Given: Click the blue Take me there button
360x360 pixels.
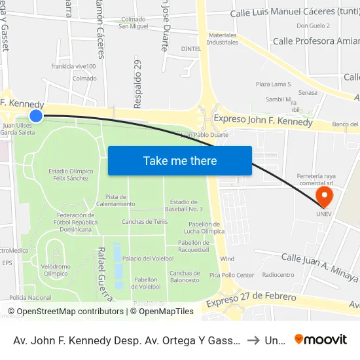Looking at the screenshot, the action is (180, 160).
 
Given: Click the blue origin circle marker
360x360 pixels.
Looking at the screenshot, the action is (36, 116).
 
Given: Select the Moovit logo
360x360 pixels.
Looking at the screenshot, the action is (321, 339).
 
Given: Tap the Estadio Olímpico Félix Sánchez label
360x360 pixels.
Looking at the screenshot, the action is (71, 175).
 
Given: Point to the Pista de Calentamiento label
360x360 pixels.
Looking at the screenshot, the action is (115, 200).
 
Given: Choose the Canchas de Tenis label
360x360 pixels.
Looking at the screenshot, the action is (145, 222).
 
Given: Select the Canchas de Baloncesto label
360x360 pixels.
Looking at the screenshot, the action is (184, 276).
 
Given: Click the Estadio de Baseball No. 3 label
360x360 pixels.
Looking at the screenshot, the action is (187, 205).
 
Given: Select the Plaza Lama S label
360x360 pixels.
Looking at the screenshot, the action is (273, 84).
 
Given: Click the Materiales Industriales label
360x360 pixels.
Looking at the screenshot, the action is (223, 38).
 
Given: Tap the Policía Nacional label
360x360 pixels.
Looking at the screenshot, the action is (30, 298).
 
